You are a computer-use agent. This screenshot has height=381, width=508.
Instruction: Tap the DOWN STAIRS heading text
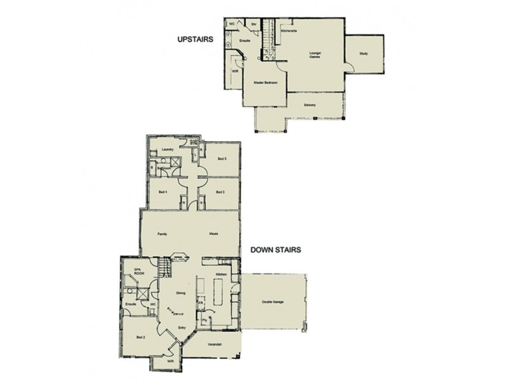click(x=276, y=250)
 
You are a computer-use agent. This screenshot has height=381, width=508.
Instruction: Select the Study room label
click(x=363, y=54)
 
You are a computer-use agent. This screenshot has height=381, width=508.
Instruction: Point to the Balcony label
click(x=310, y=105)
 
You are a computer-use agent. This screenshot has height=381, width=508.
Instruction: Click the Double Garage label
click(x=271, y=302)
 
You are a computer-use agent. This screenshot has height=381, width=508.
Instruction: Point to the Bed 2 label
click(x=141, y=337)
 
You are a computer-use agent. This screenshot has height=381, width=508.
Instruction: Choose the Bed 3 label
click(x=220, y=192)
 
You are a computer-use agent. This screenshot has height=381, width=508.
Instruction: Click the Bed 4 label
click(x=162, y=192)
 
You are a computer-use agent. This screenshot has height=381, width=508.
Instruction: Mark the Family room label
click(x=161, y=234)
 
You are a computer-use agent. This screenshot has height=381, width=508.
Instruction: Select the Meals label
click(x=215, y=234)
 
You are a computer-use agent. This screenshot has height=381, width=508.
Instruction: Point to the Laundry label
click(x=168, y=149)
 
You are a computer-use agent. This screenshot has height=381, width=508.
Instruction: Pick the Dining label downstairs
click(x=180, y=293)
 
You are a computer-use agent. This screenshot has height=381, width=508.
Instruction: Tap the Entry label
click(x=182, y=328)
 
